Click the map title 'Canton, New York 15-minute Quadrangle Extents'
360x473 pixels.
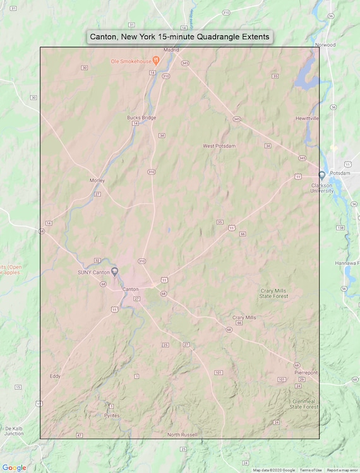[x=179, y=37]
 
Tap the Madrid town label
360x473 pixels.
[x=172, y=49]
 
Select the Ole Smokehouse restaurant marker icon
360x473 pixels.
[x=156, y=61]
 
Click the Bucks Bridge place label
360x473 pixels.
[x=141, y=117]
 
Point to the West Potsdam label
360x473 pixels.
[x=219, y=146]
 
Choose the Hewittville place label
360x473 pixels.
[x=307, y=118]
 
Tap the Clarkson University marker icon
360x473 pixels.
[x=321, y=176]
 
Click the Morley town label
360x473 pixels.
[x=97, y=181]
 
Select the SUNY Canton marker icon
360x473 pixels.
[x=115, y=272]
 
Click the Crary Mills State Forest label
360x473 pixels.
[x=274, y=293]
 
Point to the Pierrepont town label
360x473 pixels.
[x=306, y=373]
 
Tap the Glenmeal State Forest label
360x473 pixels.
[x=304, y=404]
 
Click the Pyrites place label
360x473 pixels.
[x=111, y=416]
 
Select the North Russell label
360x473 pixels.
[x=182, y=434]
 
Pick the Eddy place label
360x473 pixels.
[x=55, y=376]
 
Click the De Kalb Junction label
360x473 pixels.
[x=13, y=431]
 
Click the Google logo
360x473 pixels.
[x=14, y=468]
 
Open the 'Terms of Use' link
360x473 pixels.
[x=310, y=470]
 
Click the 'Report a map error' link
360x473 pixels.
[x=342, y=470]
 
